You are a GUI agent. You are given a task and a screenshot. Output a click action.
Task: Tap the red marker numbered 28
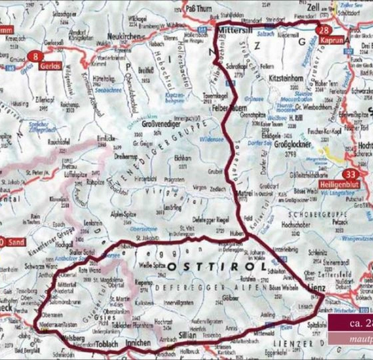pyautogui.click(x=323, y=31)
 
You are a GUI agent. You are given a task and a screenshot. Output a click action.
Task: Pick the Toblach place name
pyautogui.click(x=111, y=343)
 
